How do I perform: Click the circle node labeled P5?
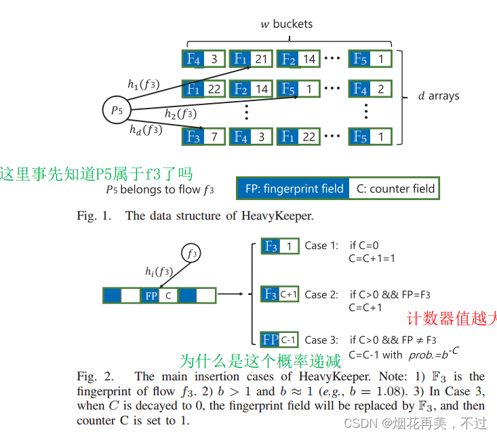pyautogui.click(x=115, y=110)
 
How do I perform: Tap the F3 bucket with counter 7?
pyautogui.click(x=203, y=136)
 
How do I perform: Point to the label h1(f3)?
pyautogui.click(x=144, y=84)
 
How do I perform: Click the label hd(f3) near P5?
pyautogui.click(x=146, y=129)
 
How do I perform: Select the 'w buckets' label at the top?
pyautogui.click(x=287, y=24)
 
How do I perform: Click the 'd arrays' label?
pyautogui.click(x=439, y=96)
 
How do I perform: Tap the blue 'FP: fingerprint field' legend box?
pyautogui.click(x=292, y=189)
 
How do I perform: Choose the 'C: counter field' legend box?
pyautogui.click(x=395, y=189)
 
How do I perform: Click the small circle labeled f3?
pyautogui.click(x=192, y=254)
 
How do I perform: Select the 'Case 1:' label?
pyautogui.click(x=321, y=245)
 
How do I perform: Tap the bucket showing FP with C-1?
pyautogui.click(x=279, y=340)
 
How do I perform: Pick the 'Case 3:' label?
pyautogui.click(x=322, y=340)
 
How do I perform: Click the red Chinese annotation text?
pyautogui.click(x=451, y=318)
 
